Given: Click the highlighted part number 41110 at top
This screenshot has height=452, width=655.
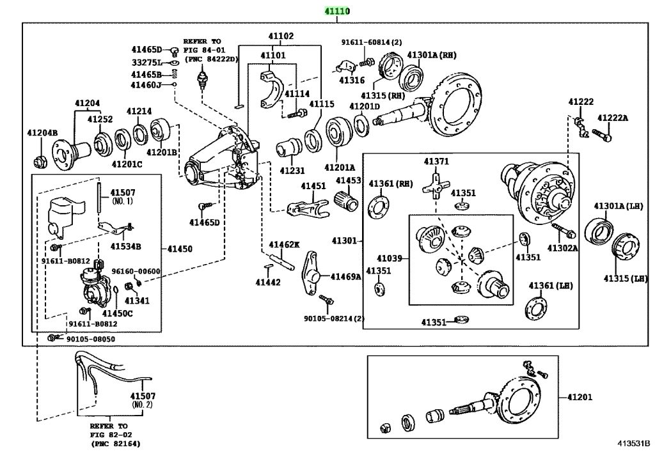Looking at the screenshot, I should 336,12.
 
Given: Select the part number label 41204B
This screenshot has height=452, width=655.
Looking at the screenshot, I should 42,133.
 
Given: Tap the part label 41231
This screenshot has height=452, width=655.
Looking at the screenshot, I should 292,171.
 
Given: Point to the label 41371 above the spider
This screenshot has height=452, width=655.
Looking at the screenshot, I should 436,161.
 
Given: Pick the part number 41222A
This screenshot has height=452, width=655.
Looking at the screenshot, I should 613,118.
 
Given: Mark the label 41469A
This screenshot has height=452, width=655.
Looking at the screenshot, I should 345,276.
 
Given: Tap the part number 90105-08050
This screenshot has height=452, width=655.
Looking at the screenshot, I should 91,338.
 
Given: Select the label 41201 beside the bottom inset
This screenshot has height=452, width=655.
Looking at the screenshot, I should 579,396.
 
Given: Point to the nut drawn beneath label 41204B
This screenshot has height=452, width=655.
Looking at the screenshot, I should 40,159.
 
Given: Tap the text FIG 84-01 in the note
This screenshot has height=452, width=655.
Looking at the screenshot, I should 203,50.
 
